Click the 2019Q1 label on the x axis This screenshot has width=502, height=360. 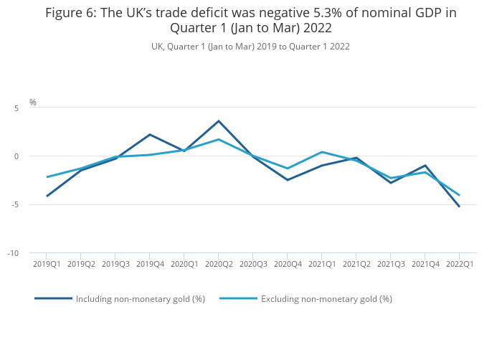47,265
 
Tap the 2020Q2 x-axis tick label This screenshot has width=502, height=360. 219,265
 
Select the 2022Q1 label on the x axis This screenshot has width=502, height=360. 460,265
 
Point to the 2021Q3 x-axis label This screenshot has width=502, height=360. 391,265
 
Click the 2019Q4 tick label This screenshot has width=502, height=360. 150,265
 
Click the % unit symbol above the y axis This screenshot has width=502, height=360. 32,103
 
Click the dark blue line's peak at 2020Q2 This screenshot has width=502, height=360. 219,121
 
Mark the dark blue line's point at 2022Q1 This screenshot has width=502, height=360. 460,207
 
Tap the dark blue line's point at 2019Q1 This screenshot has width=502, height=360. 47,196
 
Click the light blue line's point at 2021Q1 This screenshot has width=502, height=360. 322,152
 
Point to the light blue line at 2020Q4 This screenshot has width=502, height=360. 288,169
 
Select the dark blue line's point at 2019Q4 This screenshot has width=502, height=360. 150,135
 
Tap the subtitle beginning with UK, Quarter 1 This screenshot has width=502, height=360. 250,47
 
